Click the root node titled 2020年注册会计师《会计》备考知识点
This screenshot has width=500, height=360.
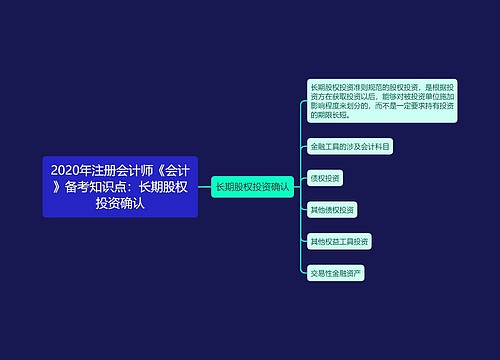(121, 186)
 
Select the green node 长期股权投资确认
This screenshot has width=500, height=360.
(252, 186)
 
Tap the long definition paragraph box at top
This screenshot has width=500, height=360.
(381, 100)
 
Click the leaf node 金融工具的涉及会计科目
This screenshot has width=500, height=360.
(350, 146)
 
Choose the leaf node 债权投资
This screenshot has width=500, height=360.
(326, 178)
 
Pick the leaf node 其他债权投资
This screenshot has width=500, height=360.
(333, 209)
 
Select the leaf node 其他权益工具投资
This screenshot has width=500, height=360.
(340, 241)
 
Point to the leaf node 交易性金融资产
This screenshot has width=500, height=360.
(336, 272)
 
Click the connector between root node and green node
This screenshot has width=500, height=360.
(204, 186)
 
